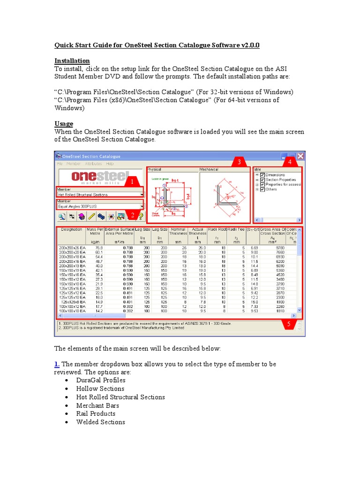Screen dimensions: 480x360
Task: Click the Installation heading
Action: click(72, 61)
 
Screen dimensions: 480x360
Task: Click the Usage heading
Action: click(64, 124)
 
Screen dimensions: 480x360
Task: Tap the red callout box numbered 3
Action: click(239, 162)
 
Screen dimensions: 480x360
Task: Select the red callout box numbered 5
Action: click(289, 323)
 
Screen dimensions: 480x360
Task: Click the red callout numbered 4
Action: click(289, 162)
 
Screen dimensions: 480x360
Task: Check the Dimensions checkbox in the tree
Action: click(262, 175)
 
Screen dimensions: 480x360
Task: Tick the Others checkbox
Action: click(262, 189)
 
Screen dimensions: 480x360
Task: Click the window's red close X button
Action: click(300, 156)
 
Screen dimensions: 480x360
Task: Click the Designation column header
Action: click(72, 230)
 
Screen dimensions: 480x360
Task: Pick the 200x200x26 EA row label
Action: click(71, 247)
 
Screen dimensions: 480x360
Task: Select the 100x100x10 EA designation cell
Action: click(72, 310)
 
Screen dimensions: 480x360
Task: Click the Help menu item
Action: click(110, 164)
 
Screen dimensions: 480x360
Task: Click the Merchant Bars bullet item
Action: click(97, 405)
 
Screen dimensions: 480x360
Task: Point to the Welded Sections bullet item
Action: click(100, 422)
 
